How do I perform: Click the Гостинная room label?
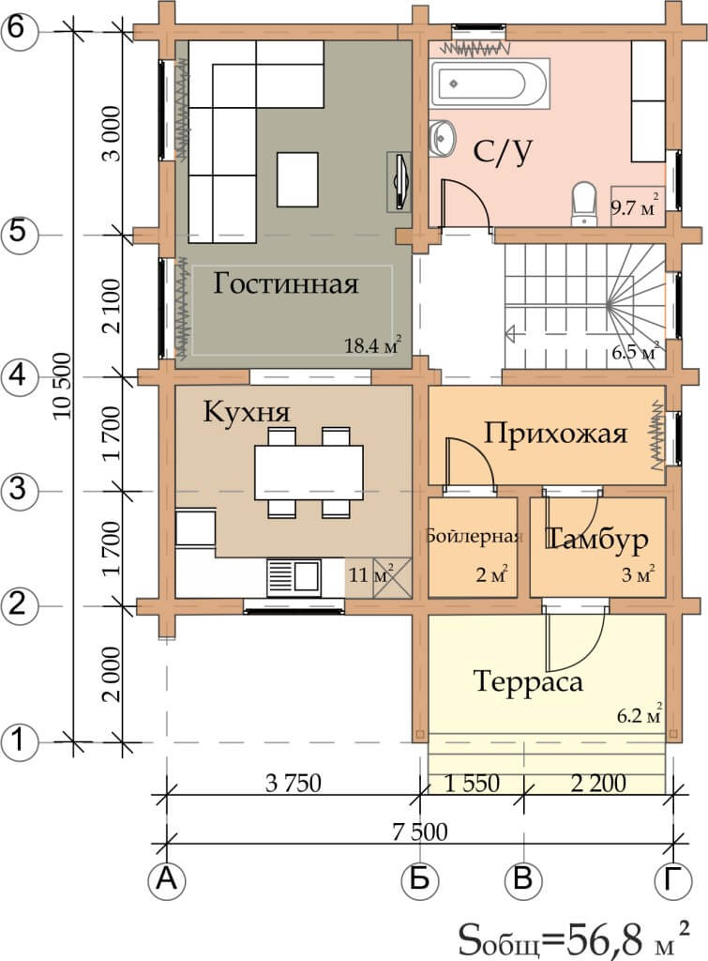pyautogui.click(x=285, y=283)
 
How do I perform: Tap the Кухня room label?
pyautogui.click(x=247, y=411)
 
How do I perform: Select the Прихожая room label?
pyautogui.click(x=555, y=434)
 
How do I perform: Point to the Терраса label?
pyautogui.click(x=528, y=681)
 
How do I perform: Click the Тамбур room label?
pyautogui.click(x=596, y=540)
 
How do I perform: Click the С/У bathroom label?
pyautogui.click(x=503, y=151)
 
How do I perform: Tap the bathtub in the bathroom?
pyautogui.click(x=490, y=84)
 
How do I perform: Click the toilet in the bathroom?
pyautogui.click(x=583, y=204)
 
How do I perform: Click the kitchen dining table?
pyautogui.click(x=309, y=469)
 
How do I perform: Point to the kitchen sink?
pyautogui.click(x=294, y=577)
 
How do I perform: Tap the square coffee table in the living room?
pyautogui.click(x=297, y=179)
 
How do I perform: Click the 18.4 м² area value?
pyautogui.click(x=372, y=345)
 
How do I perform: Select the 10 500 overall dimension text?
pyautogui.click(x=63, y=386)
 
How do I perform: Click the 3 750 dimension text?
pyautogui.click(x=293, y=783)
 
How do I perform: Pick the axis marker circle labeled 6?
pyautogui.click(x=19, y=29)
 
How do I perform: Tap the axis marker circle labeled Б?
pyautogui.click(x=419, y=880)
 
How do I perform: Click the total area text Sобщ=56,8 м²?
pyautogui.click(x=574, y=938)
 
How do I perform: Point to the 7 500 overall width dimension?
pyautogui.click(x=419, y=831)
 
